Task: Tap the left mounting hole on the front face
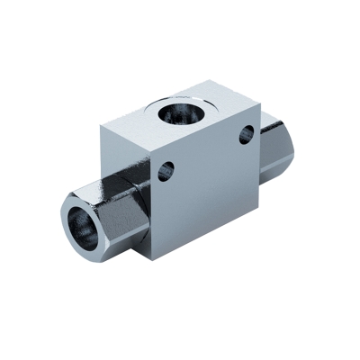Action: pyautogui.click(x=166, y=171)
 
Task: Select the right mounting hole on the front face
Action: pyautogui.click(x=246, y=135)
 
